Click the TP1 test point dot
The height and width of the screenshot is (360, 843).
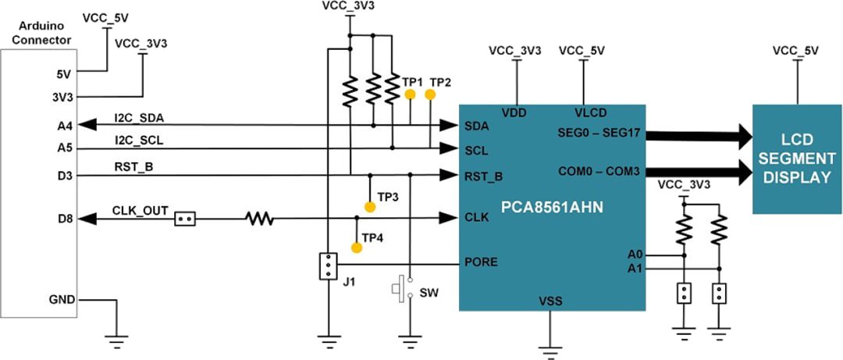coord(410,94)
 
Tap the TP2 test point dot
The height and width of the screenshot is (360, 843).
coord(430,94)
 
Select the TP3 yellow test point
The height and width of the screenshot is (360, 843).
coord(370,207)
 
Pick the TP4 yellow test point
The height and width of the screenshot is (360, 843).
coord(357,248)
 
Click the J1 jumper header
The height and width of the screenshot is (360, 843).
coord(329,266)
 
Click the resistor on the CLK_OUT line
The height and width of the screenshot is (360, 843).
coord(261,219)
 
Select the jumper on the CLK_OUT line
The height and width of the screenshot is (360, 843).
coord(185,219)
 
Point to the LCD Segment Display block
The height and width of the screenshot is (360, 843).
coord(797,159)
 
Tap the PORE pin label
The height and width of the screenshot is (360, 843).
coord(482,262)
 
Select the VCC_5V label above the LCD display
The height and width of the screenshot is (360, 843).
coord(796,51)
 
